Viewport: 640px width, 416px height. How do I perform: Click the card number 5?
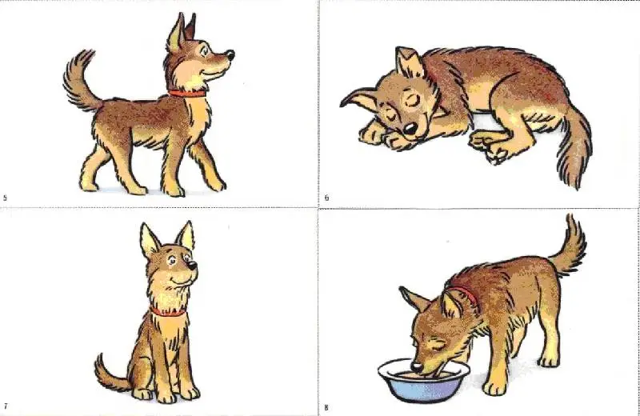[x=5, y=198]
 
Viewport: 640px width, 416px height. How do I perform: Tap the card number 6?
[x=326, y=198]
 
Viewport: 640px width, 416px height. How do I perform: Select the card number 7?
[x=6, y=406]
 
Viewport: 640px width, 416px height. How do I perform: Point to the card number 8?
[x=326, y=407]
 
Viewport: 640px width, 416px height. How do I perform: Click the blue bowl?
[x=424, y=381]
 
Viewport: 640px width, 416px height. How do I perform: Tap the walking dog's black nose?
[x=230, y=54]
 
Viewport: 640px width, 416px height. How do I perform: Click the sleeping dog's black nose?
[x=410, y=130]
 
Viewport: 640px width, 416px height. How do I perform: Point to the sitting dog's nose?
[x=192, y=266]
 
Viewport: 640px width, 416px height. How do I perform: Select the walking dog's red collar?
[x=187, y=94]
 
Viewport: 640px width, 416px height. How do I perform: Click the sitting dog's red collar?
[x=168, y=313]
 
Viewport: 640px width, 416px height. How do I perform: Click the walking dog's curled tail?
[x=79, y=82]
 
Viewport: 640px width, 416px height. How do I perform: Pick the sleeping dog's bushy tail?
[x=574, y=148]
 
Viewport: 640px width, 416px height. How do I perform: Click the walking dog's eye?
[x=204, y=51]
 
